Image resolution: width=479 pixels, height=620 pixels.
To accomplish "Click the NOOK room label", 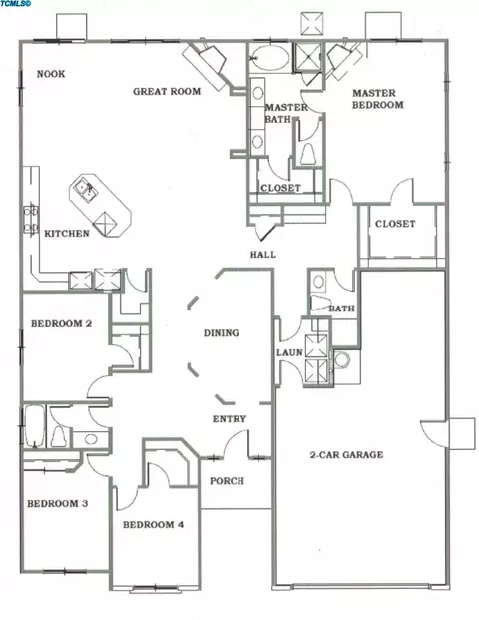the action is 51,74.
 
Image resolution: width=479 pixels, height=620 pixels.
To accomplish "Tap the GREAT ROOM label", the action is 167,91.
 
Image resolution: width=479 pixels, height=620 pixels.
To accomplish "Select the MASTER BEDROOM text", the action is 378,99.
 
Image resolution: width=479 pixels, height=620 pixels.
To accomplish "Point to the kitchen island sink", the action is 85,189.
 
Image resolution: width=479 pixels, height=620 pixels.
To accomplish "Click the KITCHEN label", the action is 67,234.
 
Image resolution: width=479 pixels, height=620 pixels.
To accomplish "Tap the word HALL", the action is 263,255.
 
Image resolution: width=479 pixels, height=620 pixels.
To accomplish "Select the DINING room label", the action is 221,333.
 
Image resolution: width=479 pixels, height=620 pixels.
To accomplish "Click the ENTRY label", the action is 230,419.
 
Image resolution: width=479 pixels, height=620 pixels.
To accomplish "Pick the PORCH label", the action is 227,481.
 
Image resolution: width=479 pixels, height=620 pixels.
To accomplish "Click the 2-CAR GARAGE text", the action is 346,455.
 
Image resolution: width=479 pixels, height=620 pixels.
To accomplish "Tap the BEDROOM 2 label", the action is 61,324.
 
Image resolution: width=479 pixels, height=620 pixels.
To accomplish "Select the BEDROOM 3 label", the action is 58,504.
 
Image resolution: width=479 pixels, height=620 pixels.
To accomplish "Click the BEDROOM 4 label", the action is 153,525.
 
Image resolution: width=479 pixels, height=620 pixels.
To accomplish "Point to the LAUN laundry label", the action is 289,352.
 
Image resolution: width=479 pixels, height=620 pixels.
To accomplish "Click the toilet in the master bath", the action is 307,154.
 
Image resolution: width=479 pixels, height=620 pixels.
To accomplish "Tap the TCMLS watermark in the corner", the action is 16,4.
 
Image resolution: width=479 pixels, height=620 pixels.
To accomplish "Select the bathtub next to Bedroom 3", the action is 34,426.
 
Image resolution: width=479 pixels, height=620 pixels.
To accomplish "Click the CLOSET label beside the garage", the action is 395,224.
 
